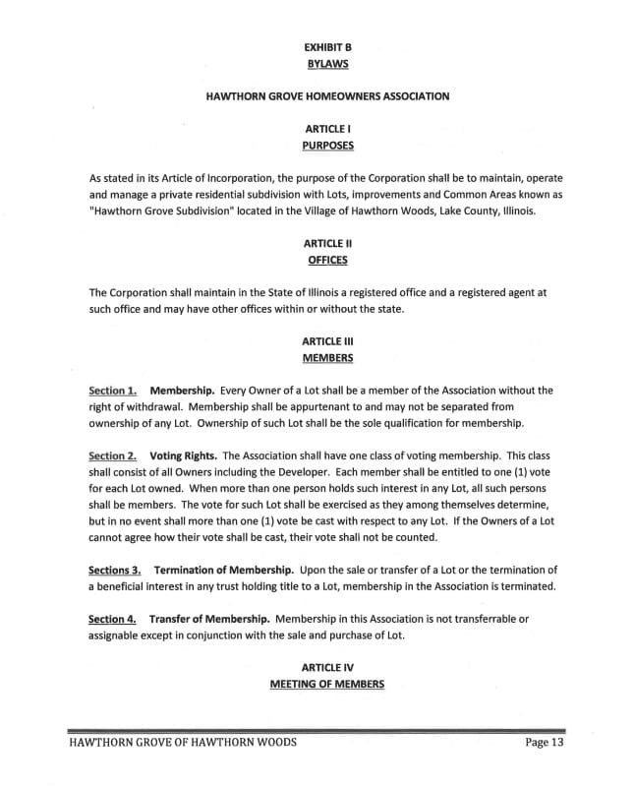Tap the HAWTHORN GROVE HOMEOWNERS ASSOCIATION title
click(x=326, y=96)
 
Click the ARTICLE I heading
click(x=326, y=129)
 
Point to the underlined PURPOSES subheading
click(x=326, y=146)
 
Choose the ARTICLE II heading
click(x=326, y=243)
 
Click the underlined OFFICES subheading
click(x=326, y=260)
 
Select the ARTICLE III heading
click(x=326, y=340)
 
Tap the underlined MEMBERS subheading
click(x=326, y=357)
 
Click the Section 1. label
click(x=112, y=391)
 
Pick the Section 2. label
click(x=112, y=455)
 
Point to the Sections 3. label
click(x=115, y=570)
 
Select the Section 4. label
click(x=112, y=619)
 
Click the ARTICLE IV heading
click(x=326, y=667)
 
